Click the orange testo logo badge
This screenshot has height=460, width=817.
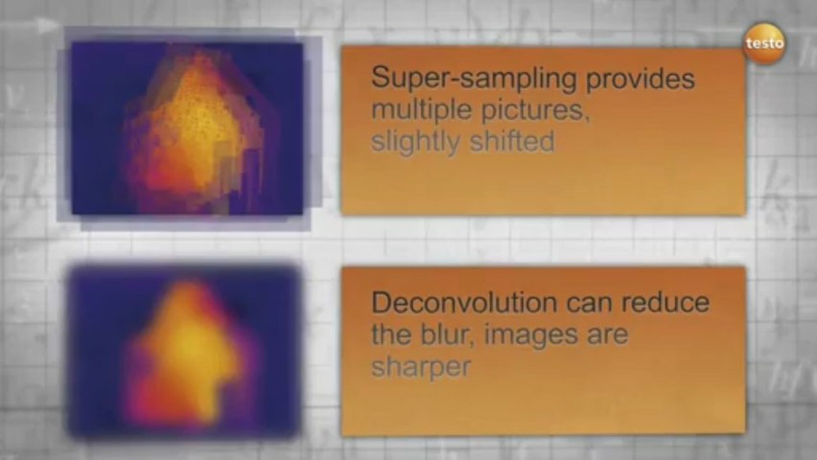[x=765, y=43]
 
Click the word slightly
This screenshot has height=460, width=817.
[x=416, y=142]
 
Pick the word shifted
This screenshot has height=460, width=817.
[x=512, y=142]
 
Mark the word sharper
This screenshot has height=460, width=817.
[x=421, y=367]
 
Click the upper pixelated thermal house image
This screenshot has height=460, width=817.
[x=187, y=128]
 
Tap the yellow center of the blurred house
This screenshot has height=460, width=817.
[x=185, y=348]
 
